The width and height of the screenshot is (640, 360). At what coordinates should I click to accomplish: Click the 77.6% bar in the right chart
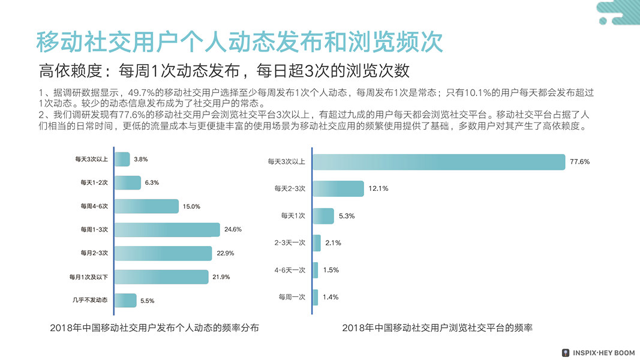point(438,162)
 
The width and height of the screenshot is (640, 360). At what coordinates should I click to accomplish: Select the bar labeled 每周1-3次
point(167,230)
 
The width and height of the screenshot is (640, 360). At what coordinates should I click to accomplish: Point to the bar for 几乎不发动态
point(125,300)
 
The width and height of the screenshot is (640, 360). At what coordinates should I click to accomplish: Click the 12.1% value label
point(378,188)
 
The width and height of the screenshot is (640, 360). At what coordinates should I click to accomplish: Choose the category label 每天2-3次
point(290,188)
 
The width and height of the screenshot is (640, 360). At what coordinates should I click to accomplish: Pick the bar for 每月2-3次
point(163,253)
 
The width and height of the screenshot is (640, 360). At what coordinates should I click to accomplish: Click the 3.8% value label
point(141,160)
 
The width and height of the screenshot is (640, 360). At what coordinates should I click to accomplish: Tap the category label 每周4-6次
point(94,206)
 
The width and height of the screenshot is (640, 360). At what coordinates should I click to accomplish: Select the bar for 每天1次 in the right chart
point(323,216)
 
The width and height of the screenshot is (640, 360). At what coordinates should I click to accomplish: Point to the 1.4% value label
point(330,297)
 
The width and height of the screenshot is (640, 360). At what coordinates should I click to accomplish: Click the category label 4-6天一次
point(290,270)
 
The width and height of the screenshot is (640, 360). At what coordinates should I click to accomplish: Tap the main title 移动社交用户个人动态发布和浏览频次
point(239,41)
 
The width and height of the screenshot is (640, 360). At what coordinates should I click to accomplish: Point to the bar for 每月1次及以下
point(161,277)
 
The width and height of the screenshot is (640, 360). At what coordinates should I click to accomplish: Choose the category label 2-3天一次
point(290,243)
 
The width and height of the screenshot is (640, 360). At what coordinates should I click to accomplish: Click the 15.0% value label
point(191,206)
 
